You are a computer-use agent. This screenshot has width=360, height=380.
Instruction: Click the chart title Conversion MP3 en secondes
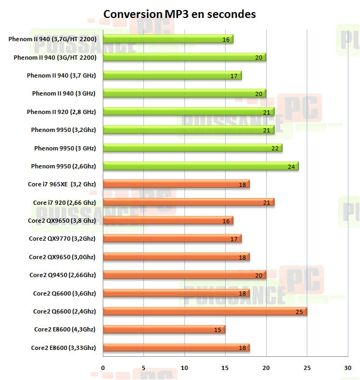(x=180, y=14)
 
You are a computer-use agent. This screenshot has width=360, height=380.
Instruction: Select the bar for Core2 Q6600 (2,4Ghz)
(x=205, y=312)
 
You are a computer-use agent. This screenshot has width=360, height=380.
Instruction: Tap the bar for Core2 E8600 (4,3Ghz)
(x=164, y=330)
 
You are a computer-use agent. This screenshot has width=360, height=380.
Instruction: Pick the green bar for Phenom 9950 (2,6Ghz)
(x=200, y=167)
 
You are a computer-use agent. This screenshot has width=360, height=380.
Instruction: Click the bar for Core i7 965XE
(x=176, y=185)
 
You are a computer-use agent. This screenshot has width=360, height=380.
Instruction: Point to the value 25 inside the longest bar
(x=299, y=312)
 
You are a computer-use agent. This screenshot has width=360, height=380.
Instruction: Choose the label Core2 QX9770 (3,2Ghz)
(x=62, y=239)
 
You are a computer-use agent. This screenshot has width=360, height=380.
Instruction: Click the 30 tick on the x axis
(x=347, y=367)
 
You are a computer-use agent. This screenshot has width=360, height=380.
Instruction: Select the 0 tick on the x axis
(x=103, y=367)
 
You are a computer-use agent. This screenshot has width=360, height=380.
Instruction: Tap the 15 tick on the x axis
(x=225, y=367)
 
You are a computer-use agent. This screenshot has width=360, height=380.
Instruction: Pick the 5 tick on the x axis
(x=143, y=367)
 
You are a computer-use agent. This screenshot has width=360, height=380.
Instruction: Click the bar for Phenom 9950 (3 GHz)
(x=192, y=148)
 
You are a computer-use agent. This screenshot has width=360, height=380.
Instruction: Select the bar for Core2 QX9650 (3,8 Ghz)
(x=168, y=221)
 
